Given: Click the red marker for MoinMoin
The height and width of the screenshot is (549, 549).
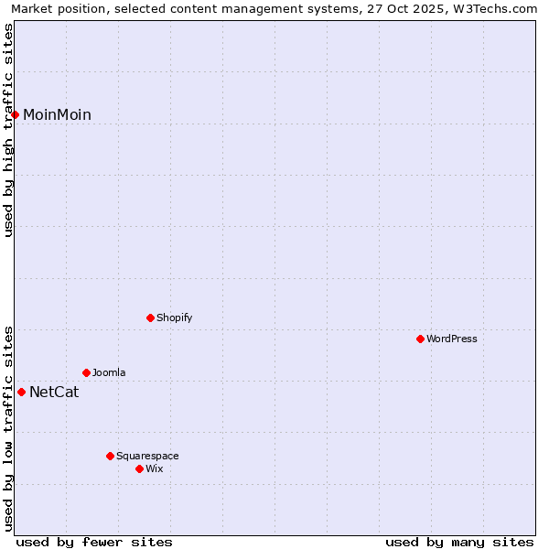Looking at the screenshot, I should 16,114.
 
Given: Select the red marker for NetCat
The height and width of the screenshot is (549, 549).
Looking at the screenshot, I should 21,392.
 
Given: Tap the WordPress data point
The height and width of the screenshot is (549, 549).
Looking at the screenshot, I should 420,339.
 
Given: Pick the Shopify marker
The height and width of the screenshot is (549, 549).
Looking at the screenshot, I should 150,318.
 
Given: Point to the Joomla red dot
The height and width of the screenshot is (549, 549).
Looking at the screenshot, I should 86,372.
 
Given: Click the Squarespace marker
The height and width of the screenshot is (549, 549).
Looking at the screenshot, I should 110,456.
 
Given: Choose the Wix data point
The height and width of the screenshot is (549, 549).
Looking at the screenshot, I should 139,468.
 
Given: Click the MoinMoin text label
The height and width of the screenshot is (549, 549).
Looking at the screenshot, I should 57,114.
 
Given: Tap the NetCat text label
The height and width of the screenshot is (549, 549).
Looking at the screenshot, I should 54,393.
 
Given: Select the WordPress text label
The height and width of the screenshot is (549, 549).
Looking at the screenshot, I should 452,339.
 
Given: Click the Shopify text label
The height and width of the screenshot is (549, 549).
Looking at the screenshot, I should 174,318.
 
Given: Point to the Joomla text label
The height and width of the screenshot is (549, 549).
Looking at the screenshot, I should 109,372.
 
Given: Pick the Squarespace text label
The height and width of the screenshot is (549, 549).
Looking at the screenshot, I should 147,456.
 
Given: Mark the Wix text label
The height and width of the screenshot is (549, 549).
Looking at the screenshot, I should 154,468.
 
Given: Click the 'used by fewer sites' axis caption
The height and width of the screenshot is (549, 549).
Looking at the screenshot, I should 94,542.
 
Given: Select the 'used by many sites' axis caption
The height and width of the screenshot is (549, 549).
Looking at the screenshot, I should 459,542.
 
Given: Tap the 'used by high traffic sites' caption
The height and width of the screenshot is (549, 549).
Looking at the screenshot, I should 9,130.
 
